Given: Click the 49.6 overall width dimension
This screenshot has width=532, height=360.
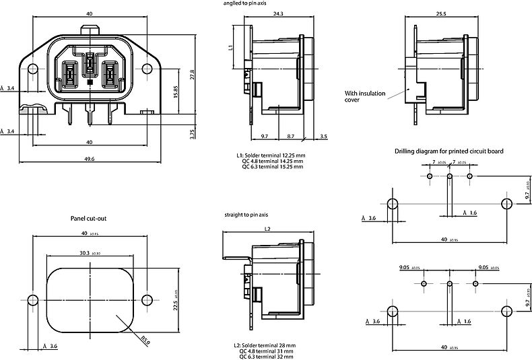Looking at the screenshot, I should click(90, 159).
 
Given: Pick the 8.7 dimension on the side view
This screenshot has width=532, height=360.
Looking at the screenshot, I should click(290, 136).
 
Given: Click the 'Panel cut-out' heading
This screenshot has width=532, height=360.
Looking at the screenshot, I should click(89, 219).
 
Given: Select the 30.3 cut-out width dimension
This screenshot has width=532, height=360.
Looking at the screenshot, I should click(84, 253).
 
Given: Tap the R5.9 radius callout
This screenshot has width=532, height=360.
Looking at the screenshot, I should click(145, 340).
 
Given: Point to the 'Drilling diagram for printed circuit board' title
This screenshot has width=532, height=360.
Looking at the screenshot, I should click(448, 151).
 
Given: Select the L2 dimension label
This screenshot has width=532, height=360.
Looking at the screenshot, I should click(267, 229).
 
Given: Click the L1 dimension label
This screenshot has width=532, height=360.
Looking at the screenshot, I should click(230, 48).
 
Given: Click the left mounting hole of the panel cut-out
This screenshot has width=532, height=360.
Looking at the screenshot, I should click(32, 299).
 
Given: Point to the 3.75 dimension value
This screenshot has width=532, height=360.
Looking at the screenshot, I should click(192, 134).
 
